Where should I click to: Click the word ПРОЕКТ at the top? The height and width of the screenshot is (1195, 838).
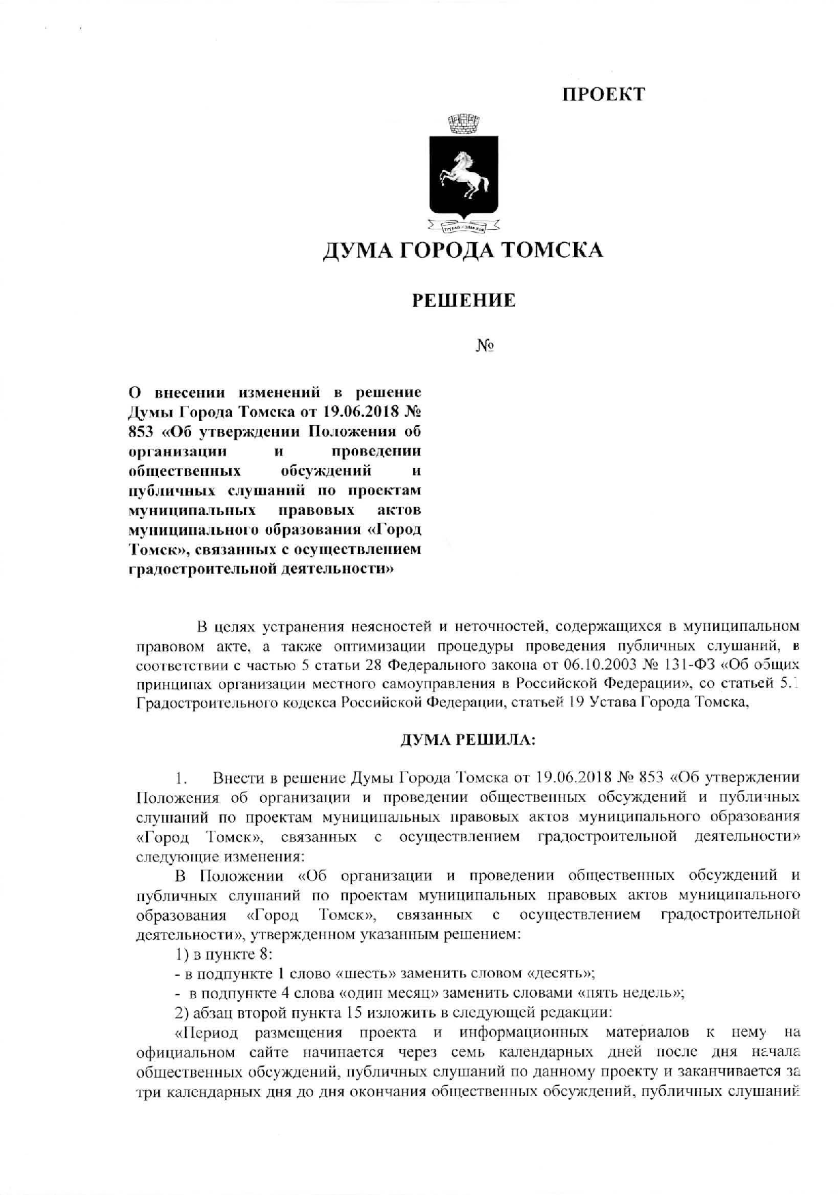point(603,95)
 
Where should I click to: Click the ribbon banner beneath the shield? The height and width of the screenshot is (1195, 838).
point(464,225)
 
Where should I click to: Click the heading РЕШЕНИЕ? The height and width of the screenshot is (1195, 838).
point(464,300)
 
